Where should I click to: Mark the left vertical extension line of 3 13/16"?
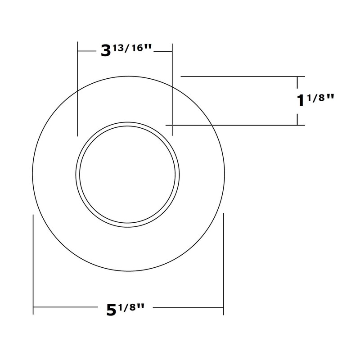click(x=78, y=90)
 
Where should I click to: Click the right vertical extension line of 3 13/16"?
click(x=173, y=90)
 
